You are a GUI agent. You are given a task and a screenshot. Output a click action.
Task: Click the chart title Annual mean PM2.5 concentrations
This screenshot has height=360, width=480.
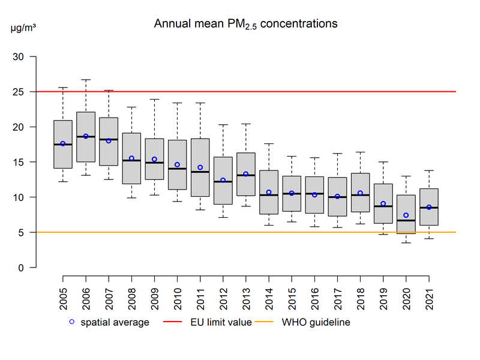(x=246, y=24)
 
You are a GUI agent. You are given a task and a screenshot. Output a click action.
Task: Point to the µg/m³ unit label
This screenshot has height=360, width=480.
(x=23, y=28)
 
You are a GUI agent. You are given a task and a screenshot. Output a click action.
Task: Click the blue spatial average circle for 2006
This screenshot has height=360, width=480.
(x=86, y=136)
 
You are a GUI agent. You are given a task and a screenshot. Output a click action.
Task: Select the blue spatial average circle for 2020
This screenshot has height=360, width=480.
(x=406, y=215)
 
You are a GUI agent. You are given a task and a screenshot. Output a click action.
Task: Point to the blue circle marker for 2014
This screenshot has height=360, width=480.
(x=269, y=192)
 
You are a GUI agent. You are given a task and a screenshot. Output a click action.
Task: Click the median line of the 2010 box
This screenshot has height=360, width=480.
(x=177, y=169)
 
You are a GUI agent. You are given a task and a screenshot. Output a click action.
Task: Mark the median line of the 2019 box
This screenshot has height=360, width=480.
(x=383, y=206)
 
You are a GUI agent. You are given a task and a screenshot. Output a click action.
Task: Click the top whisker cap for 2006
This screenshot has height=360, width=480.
(x=86, y=79)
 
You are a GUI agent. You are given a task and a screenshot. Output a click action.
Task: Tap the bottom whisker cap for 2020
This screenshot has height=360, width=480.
(x=406, y=242)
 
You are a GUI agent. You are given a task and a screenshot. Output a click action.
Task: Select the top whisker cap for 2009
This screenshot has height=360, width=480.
(x=154, y=99)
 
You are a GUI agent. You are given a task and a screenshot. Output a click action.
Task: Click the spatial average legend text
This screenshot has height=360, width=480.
(x=115, y=322)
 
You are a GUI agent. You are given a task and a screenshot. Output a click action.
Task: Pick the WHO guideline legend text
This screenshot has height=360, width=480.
(x=316, y=322)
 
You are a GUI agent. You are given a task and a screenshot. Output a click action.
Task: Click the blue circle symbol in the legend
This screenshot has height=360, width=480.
(x=71, y=322)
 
